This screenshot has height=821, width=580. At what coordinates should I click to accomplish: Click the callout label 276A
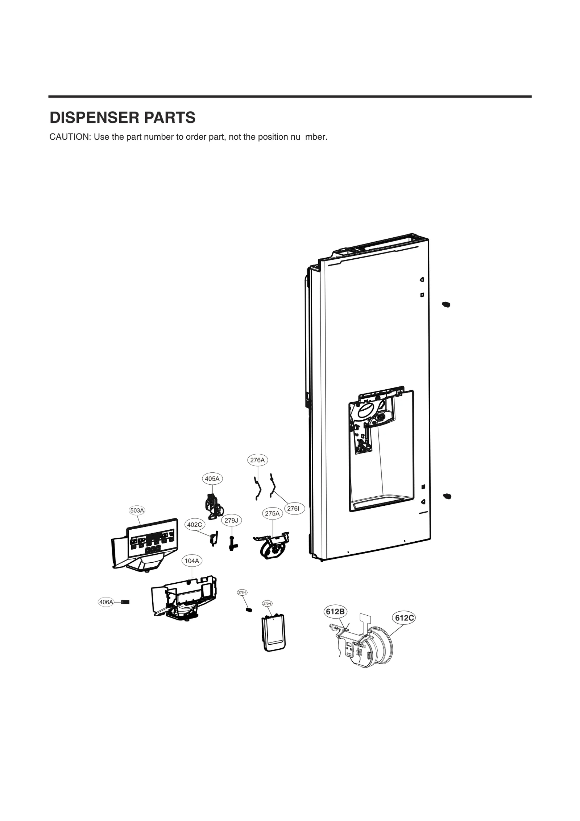pos(257,460)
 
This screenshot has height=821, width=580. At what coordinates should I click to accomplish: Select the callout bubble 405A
pos(212,479)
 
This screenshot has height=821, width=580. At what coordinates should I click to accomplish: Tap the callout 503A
pos(137,510)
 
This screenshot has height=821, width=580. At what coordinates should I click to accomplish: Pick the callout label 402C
pos(195,525)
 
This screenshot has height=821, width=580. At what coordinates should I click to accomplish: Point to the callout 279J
pos(231,521)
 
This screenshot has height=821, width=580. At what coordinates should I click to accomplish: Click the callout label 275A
pos(272,513)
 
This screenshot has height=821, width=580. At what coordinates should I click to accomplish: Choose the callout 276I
pos(293,509)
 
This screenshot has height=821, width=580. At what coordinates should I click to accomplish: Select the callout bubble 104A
pos(192,561)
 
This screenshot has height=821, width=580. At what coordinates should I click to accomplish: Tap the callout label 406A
pos(106,602)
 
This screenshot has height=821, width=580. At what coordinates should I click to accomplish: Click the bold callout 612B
pos(335,612)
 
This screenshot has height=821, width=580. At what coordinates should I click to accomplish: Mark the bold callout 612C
pos(404,618)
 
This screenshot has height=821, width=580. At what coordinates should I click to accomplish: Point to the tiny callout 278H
pos(242,592)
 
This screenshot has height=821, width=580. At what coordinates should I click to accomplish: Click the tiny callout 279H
pos(267,604)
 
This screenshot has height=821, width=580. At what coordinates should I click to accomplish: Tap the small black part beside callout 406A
pos(125,602)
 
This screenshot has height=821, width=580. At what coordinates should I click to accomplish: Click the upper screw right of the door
pos(446,304)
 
